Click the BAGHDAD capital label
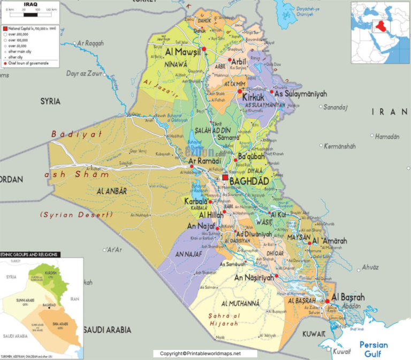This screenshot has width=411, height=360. [x=249, y=182]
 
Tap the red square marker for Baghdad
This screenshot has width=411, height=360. [x=225, y=177]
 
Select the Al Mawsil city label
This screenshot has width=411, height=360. [x=183, y=52]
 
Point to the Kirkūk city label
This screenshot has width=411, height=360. [x=253, y=97]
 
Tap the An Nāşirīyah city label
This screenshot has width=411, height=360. [x=254, y=277]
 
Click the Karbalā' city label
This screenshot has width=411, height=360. [x=196, y=202]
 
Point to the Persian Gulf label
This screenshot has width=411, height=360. [x=373, y=349]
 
